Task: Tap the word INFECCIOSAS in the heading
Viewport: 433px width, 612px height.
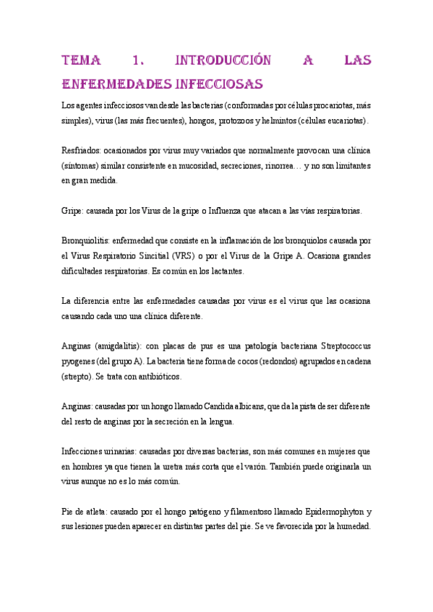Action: click(213, 83)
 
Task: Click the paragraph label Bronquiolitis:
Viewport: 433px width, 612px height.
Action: click(87, 241)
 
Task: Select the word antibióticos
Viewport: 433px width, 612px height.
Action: click(158, 377)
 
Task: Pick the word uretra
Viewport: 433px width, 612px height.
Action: click(179, 466)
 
